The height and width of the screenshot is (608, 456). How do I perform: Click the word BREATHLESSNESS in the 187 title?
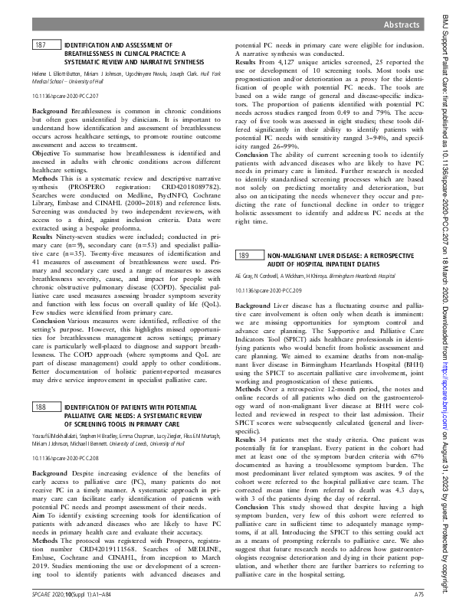(89, 54)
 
